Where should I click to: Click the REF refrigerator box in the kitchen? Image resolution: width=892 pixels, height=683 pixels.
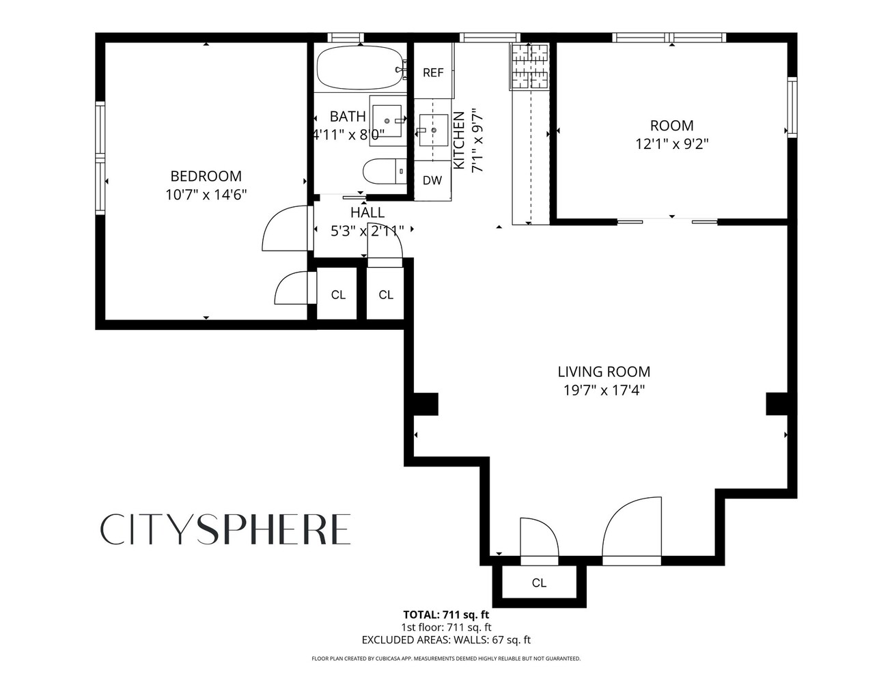click(x=433, y=72)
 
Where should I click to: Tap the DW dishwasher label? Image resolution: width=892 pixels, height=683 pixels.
click(x=432, y=181)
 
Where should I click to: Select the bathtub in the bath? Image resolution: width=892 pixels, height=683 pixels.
click(x=359, y=68)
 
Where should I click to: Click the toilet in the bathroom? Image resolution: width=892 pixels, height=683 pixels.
click(x=383, y=171)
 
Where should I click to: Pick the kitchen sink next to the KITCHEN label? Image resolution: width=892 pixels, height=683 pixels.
click(x=432, y=130)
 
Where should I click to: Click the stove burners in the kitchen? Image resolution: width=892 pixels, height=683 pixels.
click(x=529, y=66)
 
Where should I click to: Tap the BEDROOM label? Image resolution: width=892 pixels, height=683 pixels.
click(x=206, y=176)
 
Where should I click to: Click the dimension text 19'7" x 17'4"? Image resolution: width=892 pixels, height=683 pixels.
click(x=604, y=391)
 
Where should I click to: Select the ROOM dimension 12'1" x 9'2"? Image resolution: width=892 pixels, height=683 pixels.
click(x=672, y=144)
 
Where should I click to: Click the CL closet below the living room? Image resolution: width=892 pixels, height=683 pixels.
click(x=539, y=583)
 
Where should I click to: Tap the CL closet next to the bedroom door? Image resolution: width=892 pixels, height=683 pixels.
click(x=338, y=295)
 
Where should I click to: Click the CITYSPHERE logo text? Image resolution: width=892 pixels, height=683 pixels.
click(x=226, y=530)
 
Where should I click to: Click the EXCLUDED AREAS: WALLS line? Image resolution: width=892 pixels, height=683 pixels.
click(x=446, y=640)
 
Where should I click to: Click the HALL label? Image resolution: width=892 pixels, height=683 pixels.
click(x=367, y=213)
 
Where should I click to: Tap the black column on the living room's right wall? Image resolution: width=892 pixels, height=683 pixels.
click(x=777, y=404)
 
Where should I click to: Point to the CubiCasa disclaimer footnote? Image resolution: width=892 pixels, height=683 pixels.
click(x=446, y=659)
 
